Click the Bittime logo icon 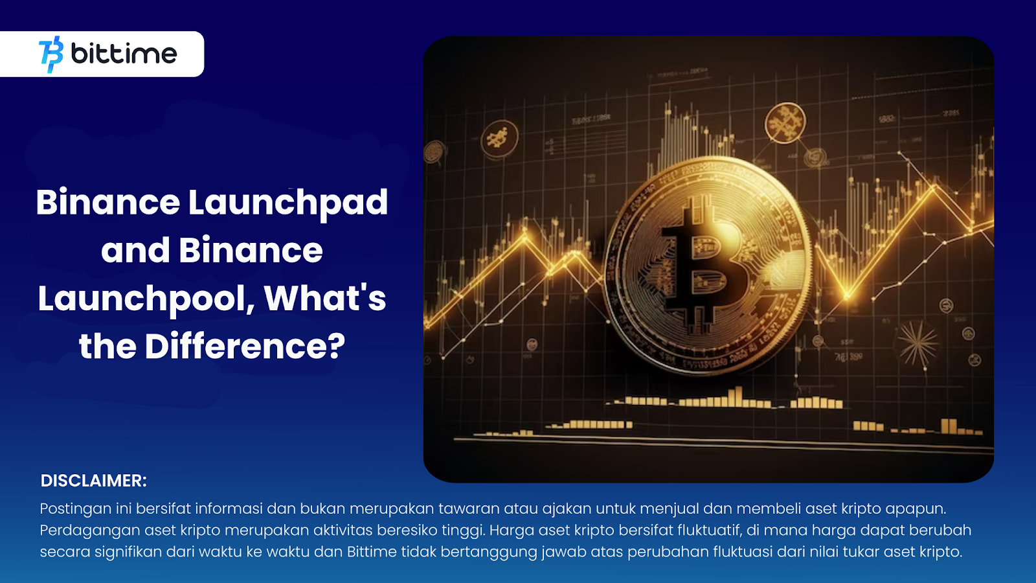(x=51, y=54)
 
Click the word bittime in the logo (x=124, y=54)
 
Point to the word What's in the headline (x=324, y=298)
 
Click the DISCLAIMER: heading (x=94, y=481)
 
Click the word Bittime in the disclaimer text (x=372, y=552)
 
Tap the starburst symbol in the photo (x=918, y=343)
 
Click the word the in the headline (x=107, y=347)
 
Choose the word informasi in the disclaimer (x=229, y=509)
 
